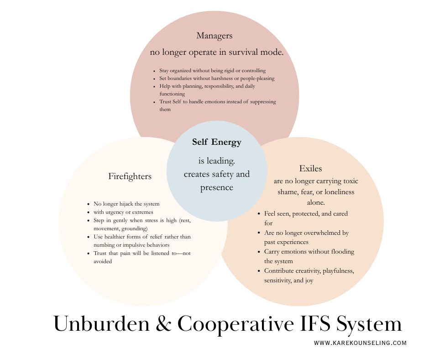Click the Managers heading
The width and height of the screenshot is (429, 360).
coord(214,36)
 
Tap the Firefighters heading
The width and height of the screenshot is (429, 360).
coord(130,176)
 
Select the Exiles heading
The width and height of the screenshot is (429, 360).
coord(311,169)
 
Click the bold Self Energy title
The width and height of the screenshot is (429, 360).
coord(217,142)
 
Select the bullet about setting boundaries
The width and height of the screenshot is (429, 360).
coord(217,79)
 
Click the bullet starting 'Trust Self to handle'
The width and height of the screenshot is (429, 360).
coord(217,102)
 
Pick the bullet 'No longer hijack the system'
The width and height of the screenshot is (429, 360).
coord(126,204)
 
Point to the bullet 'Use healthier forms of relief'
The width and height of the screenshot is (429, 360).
coord(142,237)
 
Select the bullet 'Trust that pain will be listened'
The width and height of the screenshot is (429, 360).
coord(142,253)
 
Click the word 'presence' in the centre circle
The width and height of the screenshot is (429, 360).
coord(217,187)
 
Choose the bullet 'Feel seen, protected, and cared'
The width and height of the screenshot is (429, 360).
coord(306,213)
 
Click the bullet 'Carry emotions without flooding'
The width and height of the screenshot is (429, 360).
coord(309,252)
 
